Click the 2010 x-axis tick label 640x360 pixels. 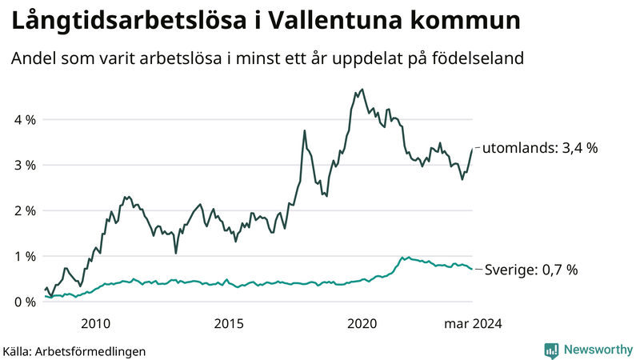(95, 323)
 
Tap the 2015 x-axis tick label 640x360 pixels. (229, 323)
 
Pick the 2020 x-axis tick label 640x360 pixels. (362, 323)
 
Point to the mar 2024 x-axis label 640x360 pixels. (474, 323)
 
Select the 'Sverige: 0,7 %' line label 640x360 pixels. (531, 270)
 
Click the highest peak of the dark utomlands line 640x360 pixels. (362, 90)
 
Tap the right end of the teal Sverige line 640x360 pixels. (472, 269)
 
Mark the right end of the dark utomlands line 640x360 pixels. (472, 149)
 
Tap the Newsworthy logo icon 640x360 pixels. (551, 350)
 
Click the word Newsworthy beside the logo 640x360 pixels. (597, 350)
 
